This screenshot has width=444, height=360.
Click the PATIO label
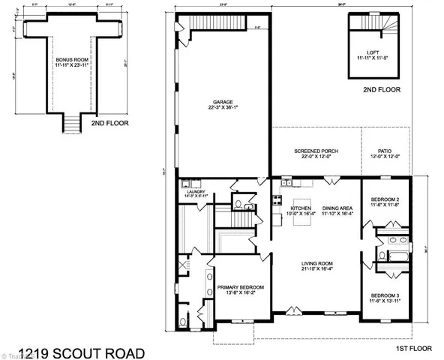click(x=385, y=151)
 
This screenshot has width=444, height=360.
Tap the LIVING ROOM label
click(x=319, y=262)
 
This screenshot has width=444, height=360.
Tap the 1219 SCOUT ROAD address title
click(x=78, y=351)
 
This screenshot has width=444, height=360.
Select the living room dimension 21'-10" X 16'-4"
click(x=319, y=268)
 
